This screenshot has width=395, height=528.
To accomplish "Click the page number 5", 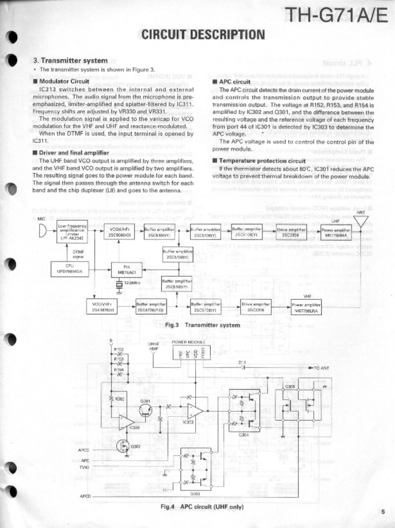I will point(383,512).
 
